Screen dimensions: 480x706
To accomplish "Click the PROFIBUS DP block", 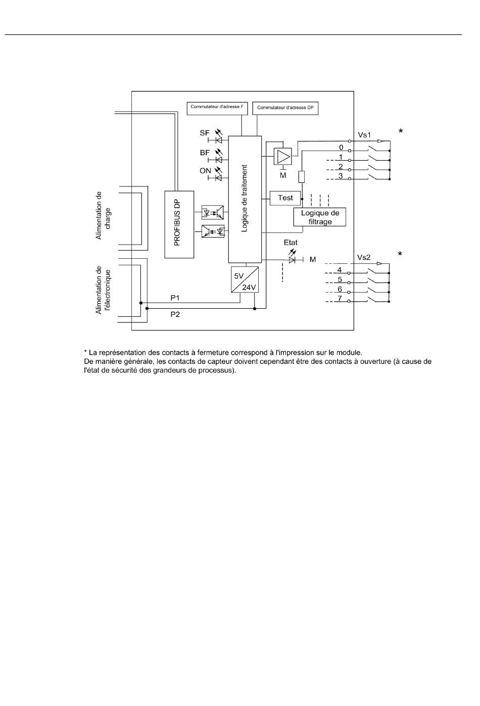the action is (179, 224).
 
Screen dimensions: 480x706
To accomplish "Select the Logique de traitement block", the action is (245, 199).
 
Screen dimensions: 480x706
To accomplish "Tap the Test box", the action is (285, 198).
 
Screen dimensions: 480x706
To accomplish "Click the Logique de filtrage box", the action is (320, 217).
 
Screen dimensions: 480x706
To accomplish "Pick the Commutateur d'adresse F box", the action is (217, 108).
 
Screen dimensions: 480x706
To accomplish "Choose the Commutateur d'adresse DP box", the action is (285, 108).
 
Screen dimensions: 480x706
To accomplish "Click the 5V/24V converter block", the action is (245, 279).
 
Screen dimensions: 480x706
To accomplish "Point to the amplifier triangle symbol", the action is (283, 156).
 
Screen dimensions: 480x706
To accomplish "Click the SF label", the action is (205, 133).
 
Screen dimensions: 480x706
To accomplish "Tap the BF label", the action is (205, 153).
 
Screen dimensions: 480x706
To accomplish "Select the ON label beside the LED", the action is (205, 171).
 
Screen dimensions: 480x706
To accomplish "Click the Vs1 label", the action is (364, 135).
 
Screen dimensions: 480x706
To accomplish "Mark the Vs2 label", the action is (364, 258).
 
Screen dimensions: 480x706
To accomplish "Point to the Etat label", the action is (291, 243).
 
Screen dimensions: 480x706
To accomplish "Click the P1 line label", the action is (175, 298).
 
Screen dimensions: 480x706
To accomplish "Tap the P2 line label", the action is (175, 314).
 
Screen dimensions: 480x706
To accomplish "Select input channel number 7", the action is (340, 298).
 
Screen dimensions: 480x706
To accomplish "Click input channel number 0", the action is (341, 147).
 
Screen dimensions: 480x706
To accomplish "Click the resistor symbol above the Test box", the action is (302, 177).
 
